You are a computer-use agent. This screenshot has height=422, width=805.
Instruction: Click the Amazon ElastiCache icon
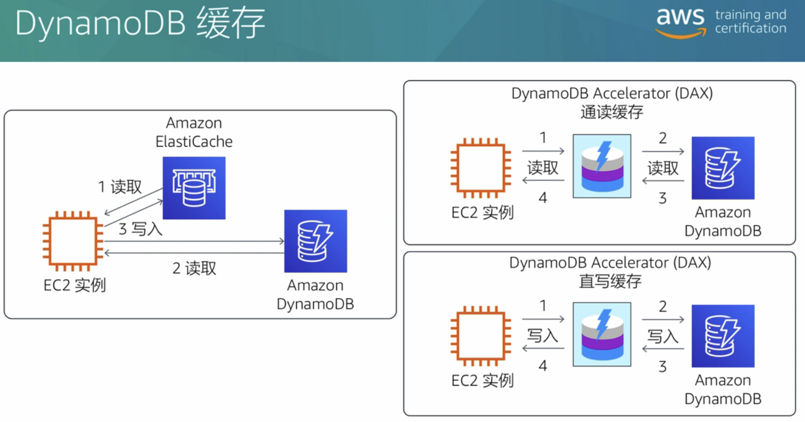tap(194, 188)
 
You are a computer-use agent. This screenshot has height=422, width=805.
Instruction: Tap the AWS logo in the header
tap(680, 22)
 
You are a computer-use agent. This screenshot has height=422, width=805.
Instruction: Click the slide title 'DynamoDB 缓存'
tap(140, 23)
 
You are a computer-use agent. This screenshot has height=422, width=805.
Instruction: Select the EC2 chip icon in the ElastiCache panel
tap(73, 241)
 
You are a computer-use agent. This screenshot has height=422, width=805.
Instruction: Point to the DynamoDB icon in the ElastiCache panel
tap(315, 241)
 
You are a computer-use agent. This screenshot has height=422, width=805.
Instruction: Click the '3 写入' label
tap(140, 229)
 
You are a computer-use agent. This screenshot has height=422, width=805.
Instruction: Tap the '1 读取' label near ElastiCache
tap(120, 187)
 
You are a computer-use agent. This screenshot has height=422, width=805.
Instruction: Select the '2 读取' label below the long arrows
tap(194, 268)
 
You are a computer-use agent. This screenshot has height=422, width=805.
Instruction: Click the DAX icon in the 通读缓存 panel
tap(602, 166)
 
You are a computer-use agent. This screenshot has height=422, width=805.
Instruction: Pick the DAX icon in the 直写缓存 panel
tap(602, 334)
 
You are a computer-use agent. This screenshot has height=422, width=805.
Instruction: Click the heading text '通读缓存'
tap(612, 112)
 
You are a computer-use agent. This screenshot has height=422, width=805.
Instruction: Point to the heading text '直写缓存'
tap(610, 281)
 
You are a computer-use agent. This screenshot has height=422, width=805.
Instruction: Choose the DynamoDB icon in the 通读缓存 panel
tap(723, 168)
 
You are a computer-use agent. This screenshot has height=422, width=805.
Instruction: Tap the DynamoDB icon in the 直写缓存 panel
tap(723, 336)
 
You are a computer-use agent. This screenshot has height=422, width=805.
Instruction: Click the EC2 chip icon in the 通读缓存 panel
tap(481, 168)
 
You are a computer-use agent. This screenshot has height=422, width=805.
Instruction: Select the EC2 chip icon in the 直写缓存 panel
tap(481, 336)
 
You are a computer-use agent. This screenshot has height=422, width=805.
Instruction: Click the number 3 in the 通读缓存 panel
tap(663, 199)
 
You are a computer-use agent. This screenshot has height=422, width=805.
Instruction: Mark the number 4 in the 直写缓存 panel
tap(543, 366)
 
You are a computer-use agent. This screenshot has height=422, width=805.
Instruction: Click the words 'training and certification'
tap(751, 22)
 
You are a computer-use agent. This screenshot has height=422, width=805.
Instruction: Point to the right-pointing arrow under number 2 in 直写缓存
tap(663, 319)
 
